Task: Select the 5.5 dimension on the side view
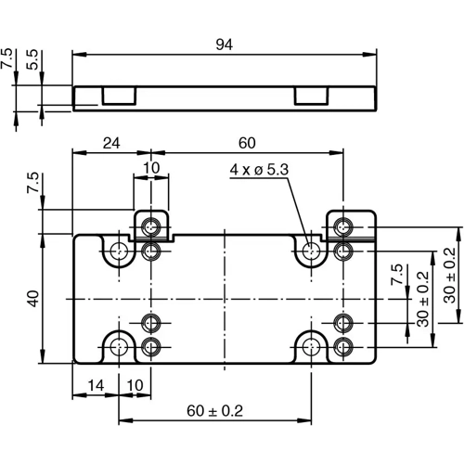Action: pos(33,61)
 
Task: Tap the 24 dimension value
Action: pos(110,143)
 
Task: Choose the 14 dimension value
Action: pos(96,383)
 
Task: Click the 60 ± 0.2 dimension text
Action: pos(215,409)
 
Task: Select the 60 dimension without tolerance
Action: pos(246,143)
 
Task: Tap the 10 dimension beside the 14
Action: pos(135,383)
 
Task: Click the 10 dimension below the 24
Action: pos(151,167)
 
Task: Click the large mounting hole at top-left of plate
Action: pos(118,251)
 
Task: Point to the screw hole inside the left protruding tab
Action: pos(152,226)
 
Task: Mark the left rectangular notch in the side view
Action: pos(119,96)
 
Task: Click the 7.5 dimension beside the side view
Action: pos(8,61)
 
